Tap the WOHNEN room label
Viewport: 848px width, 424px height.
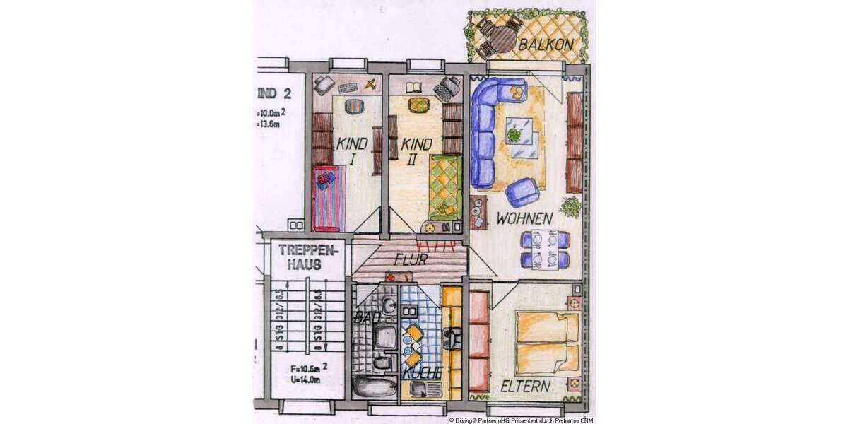click(524, 219)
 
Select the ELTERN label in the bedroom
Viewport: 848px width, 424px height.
click(526, 387)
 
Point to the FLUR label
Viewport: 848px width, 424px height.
click(411, 259)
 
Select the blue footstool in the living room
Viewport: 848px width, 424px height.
click(524, 192)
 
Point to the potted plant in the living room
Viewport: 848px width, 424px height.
click(570, 207)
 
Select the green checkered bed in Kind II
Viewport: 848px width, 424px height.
click(446, 183)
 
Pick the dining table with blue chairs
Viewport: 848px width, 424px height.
click(545, 249)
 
